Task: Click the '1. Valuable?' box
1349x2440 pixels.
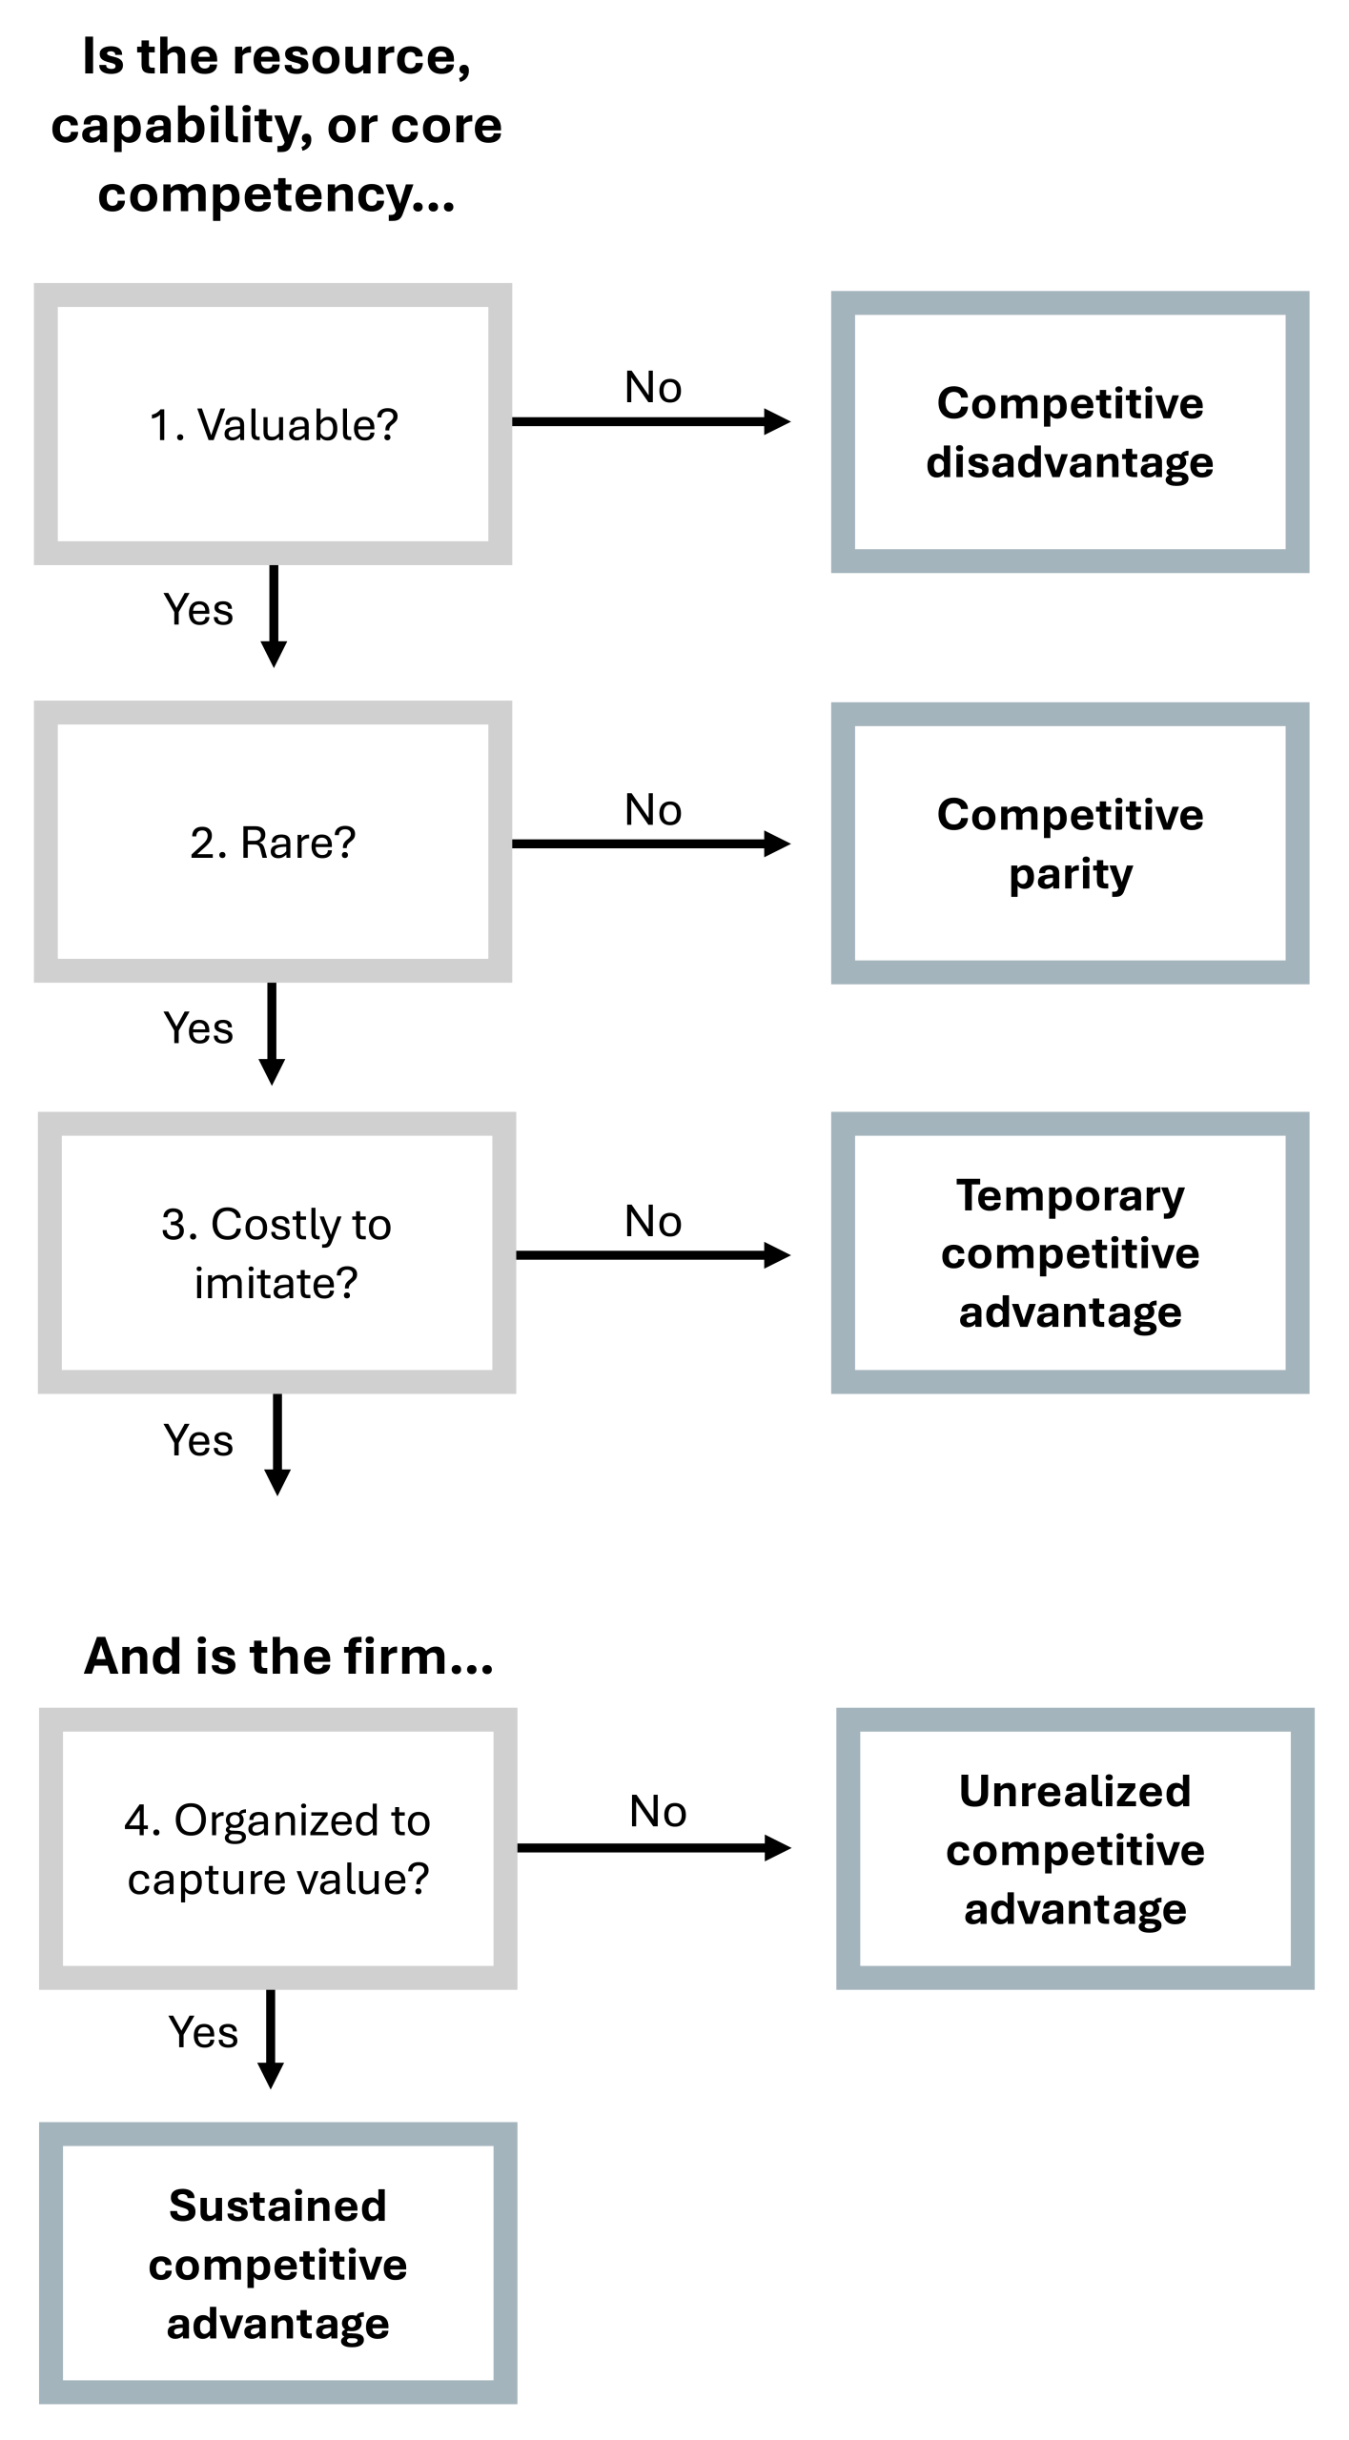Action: [273, 424]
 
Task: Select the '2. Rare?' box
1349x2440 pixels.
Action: [273, 842]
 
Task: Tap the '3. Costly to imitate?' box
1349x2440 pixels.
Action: [276, 1252]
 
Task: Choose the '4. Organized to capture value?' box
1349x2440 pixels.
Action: [277, 1848]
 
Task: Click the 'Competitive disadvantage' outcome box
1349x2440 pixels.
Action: [1070, 432]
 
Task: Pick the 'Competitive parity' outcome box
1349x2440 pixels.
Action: [1070, 844]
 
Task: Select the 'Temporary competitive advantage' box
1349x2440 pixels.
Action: [1070, 1252]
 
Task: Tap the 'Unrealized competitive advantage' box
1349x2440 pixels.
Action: [1074, 1848]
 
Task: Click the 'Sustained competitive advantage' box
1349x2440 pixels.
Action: [277, 2263]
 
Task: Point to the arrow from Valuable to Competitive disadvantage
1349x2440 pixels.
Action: [650, 421]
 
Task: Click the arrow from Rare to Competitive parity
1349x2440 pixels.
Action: [650, 844]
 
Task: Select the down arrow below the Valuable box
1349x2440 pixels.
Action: [274, 615]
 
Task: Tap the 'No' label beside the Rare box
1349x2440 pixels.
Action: [653, 810]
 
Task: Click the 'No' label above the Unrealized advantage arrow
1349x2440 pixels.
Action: [658, 1811]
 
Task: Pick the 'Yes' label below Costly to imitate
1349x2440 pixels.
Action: [198, 1440]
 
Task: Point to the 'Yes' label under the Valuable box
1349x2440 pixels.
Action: [198, 610]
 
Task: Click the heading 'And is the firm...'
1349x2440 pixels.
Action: [288, 1657]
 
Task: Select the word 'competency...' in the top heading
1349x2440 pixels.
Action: [276, 194]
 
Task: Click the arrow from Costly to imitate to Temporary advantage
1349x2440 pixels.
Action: [652, 1255]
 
